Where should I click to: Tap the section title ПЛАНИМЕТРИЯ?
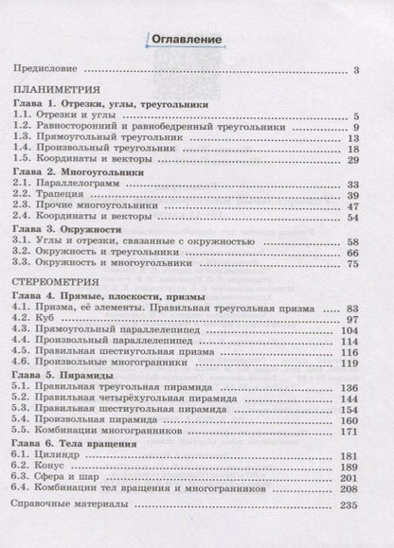[x=53, y=91]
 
